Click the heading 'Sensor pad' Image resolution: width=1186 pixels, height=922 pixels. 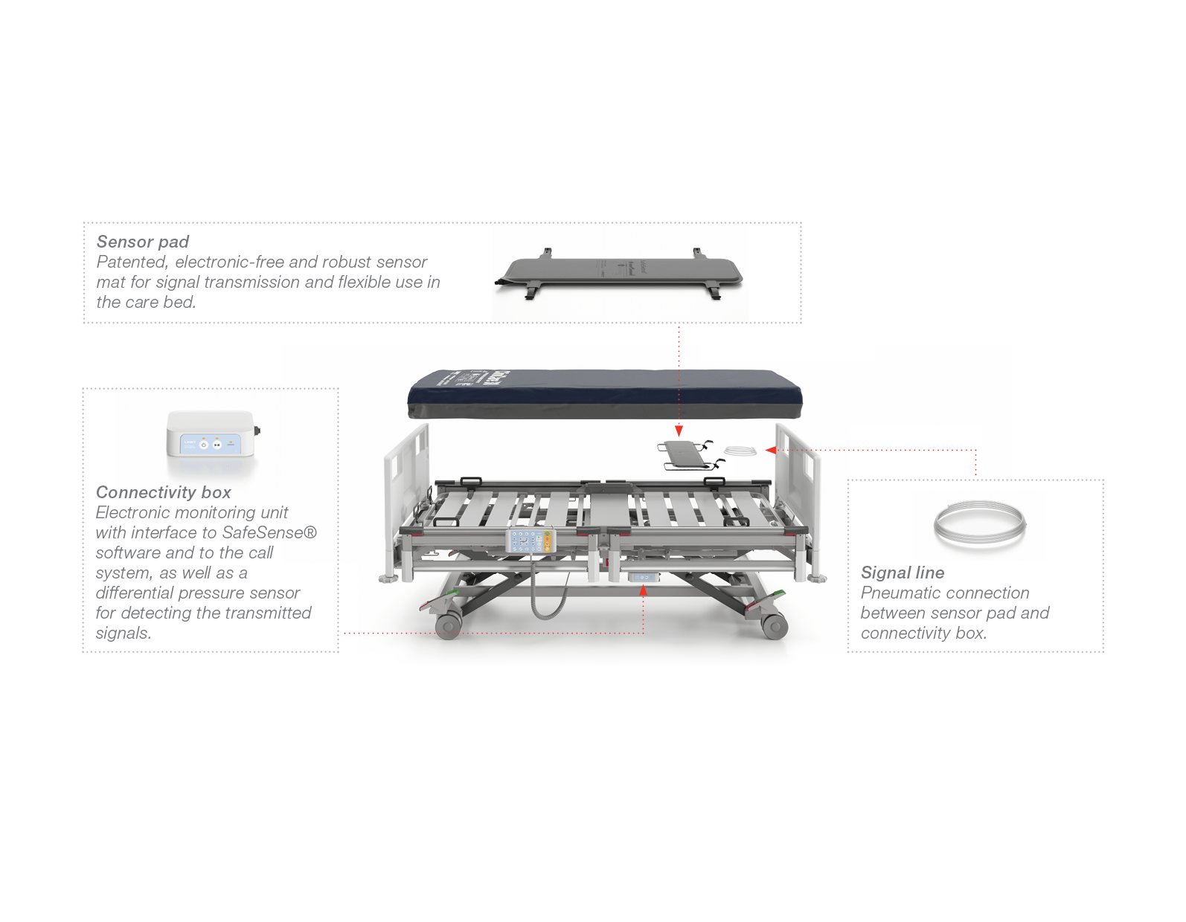click(x=142, y=242)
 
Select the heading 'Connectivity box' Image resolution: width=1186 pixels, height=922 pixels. click(x=163, y=492)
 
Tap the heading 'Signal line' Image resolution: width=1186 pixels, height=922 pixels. click(x=903, y=573)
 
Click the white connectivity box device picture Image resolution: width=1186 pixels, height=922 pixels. click(x=212, y=433)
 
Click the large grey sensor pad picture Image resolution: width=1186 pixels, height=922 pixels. click(x=619, y=274)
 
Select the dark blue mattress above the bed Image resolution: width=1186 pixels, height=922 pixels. click(x=605, y=394)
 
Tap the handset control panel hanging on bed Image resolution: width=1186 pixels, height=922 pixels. click(x=531, y=540)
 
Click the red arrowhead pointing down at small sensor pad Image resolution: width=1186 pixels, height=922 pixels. click(x=679, y=431)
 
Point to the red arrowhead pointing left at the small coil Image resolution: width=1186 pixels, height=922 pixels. click(x=771, y=450)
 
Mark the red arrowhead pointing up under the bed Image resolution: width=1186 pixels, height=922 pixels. click(x=643, y=590)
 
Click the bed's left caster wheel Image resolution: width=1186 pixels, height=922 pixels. click(x=449, y=627)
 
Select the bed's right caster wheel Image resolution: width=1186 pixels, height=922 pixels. click(x=774, y=627)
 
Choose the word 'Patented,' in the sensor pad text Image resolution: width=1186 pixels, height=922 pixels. click(x=132, y=262)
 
